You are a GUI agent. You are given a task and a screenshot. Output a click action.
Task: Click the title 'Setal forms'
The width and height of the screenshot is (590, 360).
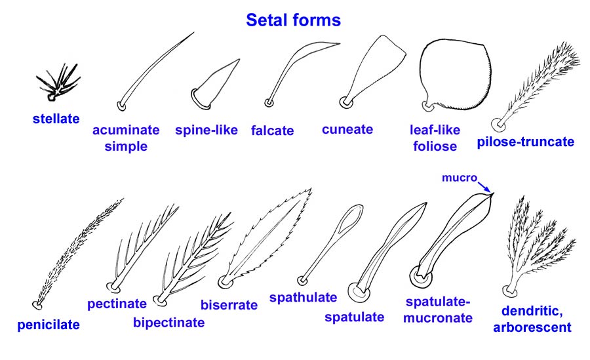(x=293, y=20)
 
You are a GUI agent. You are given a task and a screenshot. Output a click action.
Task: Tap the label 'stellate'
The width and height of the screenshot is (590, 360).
(x=56, y=119)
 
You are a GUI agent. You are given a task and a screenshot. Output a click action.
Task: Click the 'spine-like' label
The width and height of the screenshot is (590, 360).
(x=206, y=129)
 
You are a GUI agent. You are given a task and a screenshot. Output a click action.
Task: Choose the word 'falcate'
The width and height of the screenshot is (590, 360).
(x=272, y=130)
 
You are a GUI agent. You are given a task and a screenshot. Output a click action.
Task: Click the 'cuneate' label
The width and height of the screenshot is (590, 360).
(x=347, y=129)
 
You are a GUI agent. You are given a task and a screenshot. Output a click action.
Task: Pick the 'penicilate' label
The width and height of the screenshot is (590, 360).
(x=49, y=324)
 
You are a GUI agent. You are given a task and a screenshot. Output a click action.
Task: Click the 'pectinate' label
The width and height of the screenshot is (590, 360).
(x=117, y=304)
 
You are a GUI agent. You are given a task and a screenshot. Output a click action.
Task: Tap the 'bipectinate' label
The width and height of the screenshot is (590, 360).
(x=168, y=322)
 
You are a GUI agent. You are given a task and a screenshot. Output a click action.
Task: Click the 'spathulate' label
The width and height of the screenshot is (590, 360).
(x=303, y=297)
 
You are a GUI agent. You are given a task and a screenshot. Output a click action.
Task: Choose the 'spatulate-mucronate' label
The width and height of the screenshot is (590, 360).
(x=439, y=310)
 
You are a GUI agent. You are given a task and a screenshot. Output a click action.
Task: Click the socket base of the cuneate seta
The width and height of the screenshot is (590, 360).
(x=345, y=102)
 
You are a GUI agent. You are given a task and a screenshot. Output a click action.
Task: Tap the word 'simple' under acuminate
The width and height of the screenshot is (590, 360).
(x=126, y=146)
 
